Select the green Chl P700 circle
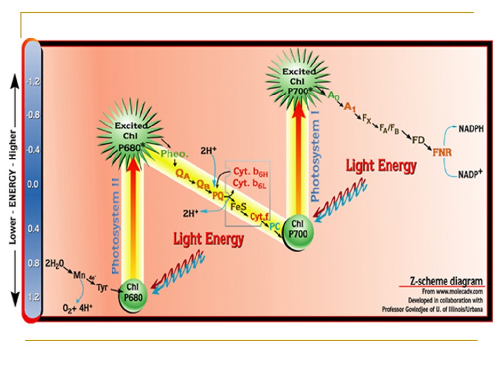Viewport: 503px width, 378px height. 298,231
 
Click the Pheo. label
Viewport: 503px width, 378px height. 174,154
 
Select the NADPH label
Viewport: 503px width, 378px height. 471,129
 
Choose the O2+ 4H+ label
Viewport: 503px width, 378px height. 78,309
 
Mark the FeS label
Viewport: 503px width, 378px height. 238,207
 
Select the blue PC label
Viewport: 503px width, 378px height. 275,226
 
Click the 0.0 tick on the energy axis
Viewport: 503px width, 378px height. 32,184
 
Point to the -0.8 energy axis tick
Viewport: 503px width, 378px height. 32,115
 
